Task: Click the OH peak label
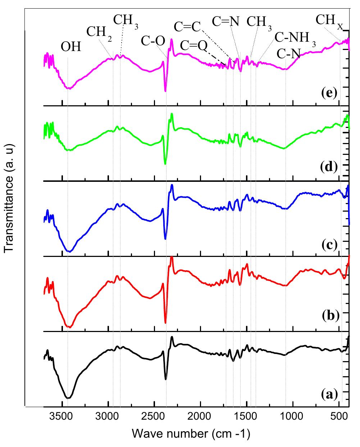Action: tap(71, 47)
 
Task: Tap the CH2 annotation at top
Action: tap(99, 32)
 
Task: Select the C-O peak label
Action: tap(153, 41)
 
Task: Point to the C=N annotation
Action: tap(225, 22)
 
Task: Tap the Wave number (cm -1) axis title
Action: tap(191, 434)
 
